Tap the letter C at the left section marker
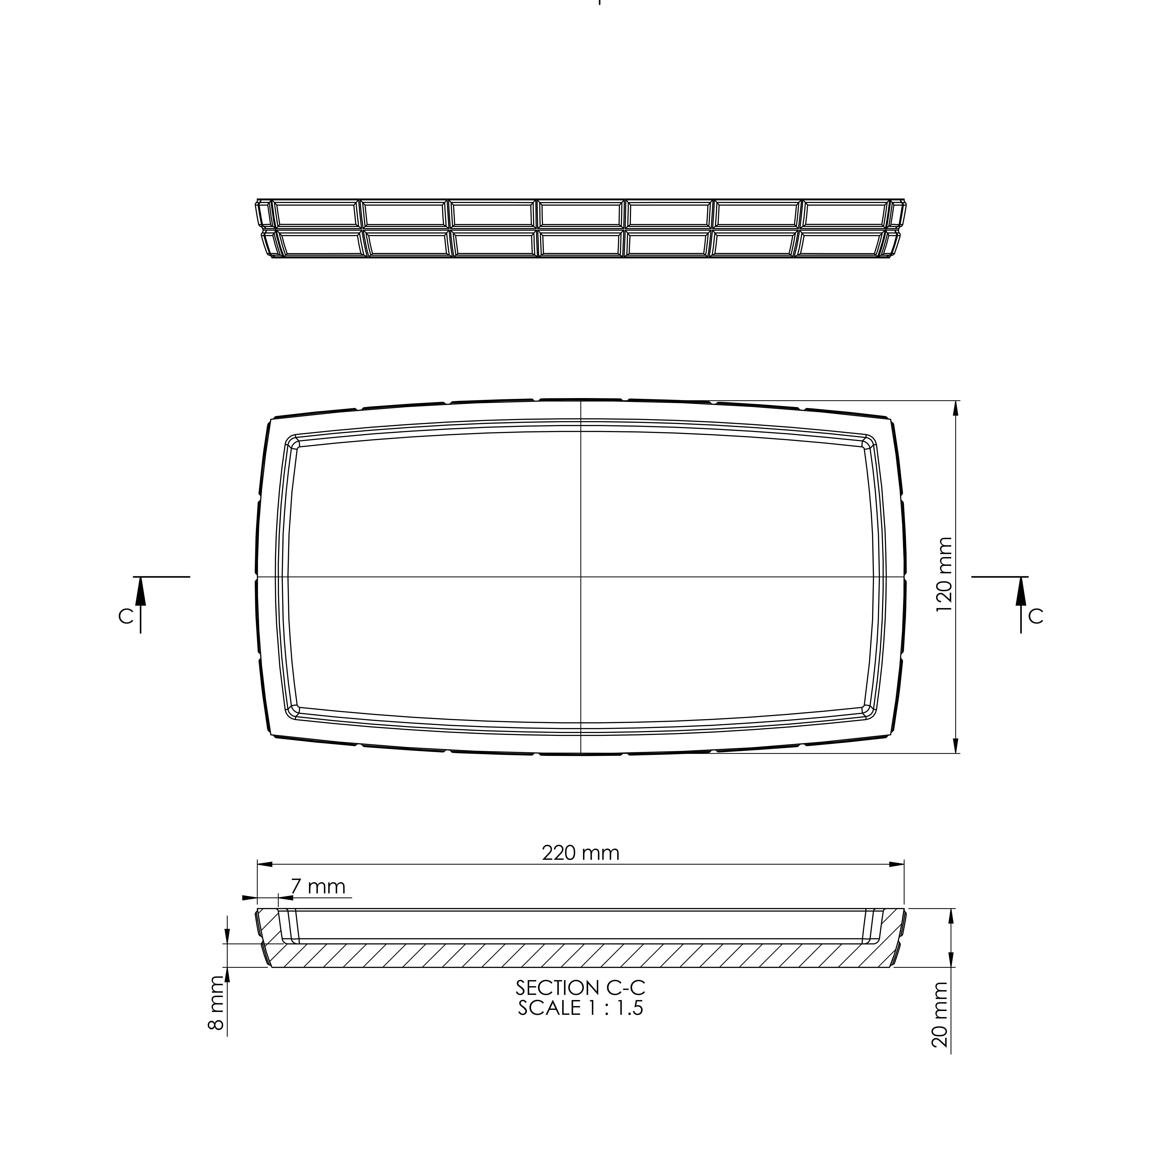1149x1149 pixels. point(125,617)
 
